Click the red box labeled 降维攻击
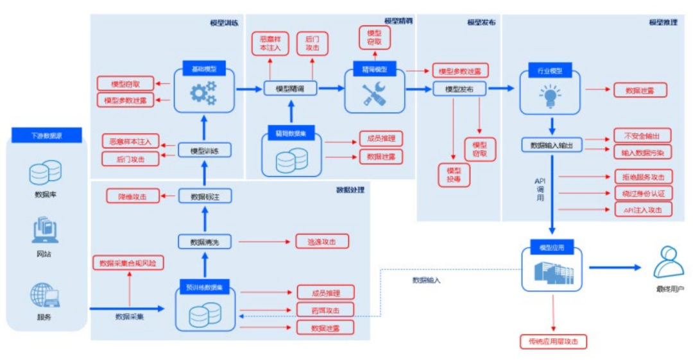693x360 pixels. click(132, 196)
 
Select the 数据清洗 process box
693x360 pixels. click(203, 242)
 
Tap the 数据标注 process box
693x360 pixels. click(203, 196)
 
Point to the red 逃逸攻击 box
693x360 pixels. click(323, 242)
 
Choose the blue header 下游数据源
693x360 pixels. click(46, 136)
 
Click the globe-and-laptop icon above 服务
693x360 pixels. click(45, 296)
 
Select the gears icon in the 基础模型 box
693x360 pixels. click(203, 93)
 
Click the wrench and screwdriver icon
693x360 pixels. click(374, 94)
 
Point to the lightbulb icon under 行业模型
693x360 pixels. click(549, 96)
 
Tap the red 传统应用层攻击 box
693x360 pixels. click(553, 342)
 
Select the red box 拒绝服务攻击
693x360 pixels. click(643, 176)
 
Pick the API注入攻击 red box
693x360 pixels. click(643, 210)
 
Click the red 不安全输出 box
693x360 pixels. click(642, 135)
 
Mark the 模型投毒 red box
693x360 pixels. click(454, 175)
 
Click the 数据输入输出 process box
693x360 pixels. click(551, 145)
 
